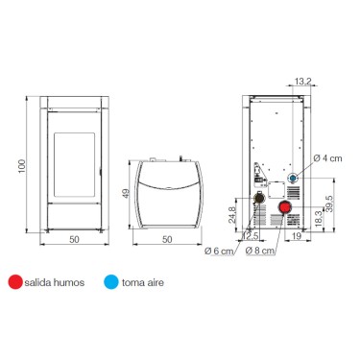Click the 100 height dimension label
(x=21, y=166)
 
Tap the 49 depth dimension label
(x=126, y=193)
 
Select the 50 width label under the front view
(x=74, y=239)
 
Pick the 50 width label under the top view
(x=167, y=239)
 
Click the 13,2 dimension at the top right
(x=302, y=82)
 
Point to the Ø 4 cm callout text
(x=327, y=158)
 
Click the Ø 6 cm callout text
(x=219, y=251)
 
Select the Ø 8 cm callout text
(x=260, y=251)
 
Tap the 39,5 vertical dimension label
(x=329, y=204)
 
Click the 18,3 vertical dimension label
(x=319, y=219)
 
